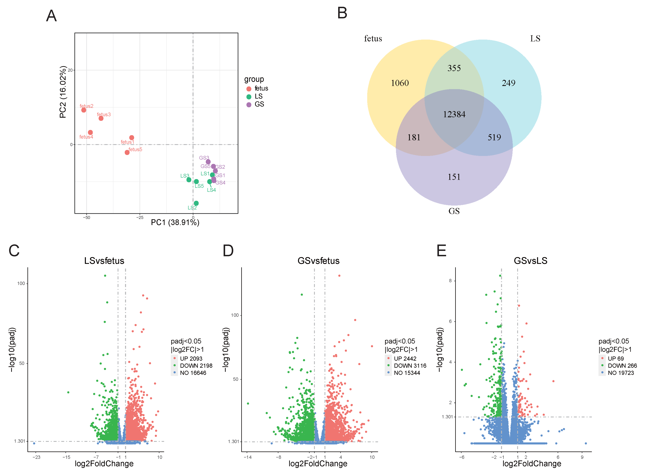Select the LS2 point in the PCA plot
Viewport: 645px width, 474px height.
[196, 203]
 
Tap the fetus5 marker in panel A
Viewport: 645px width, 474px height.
[127, 152]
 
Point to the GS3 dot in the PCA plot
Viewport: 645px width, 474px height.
[208, 162]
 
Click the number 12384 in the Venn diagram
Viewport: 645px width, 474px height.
[454, 114]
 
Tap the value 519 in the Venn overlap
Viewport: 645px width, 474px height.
[494, 137]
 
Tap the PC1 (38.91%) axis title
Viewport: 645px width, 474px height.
[175, 222]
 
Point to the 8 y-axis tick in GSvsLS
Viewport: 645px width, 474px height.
[450, 281]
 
